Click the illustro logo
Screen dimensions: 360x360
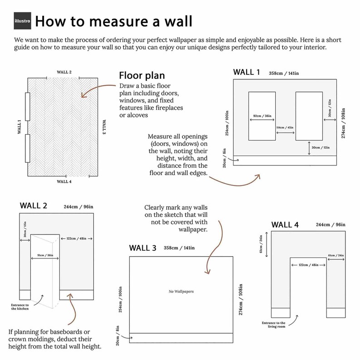pyautogui.click(x=22, y=21)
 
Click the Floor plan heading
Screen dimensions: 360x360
pyautogui.click(x=142, y=76)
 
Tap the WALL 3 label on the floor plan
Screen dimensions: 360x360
pyautogui.click(x=104, y=127)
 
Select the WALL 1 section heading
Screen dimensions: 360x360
pyautogui.click(x=246, y=72)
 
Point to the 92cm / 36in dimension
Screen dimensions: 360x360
pyautogui.click(x=262, y=116)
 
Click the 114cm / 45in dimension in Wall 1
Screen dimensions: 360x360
pyautogui.click(x=285, y=127)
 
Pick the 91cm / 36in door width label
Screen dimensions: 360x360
pyautogui.click(x=45, y=255)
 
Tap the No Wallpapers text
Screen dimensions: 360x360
pyautogui.click(x=181, y=292)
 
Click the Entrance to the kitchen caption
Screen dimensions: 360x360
pyautogui.click(x=20, y=307)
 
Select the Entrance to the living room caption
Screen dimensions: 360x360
pyautogui.click(x=274, y=325)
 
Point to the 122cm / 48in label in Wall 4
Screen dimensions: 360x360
pyautogui.click(x=309, y=265)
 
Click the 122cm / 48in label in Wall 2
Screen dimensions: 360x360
pyautogui.click(x=77, y=238)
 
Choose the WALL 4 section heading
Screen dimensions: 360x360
pyautogui.click(x=285, y=225)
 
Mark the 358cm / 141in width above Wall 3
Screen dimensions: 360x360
pyautogui.click(x=179, y=248)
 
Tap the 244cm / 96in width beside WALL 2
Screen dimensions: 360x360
pyautogui.click(x=78, y=207)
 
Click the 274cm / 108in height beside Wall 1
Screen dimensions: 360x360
pyautogui.click(x=343, y=123)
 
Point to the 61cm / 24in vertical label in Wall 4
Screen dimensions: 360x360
pyautogui.click(x=261, y=244)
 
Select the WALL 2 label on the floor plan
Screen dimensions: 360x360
pyautogui.click(x=64, y=72)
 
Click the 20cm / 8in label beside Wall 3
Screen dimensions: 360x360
pyautogui.click(x=117, y=336)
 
